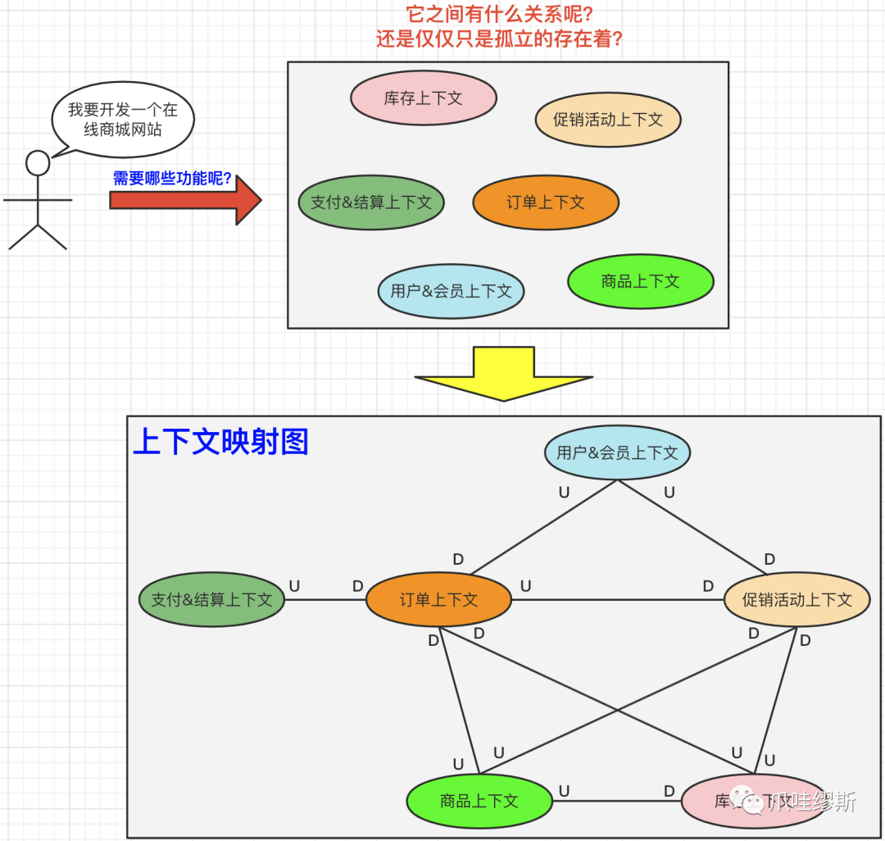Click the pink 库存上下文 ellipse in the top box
click(x=424, y=98)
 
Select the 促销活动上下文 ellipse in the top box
click(x=608, y=120)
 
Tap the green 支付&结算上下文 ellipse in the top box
click(x=371, y=202)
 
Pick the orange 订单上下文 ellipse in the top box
click(x=546, y=202)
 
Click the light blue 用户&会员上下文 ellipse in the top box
click(x=451, y=291)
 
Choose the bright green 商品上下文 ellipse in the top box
click(x=641, y=281)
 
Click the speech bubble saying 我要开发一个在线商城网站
click(x=123, y=120)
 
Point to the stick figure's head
click(x=38, y=163)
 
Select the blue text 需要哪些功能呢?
click(x=172, y=179)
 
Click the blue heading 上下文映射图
click(x=220, y=442)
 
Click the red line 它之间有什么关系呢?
click(x=500, y=14)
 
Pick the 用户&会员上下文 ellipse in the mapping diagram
click(x=618, y=452)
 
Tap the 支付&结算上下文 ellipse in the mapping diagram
click(x=211, y=599)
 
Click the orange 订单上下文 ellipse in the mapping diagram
click(x=438, y=599)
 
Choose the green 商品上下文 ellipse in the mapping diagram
click(x=479, y=801)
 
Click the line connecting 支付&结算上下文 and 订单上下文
click(x=324, y=599)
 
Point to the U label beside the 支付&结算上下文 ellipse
click(x=294, y=586)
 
